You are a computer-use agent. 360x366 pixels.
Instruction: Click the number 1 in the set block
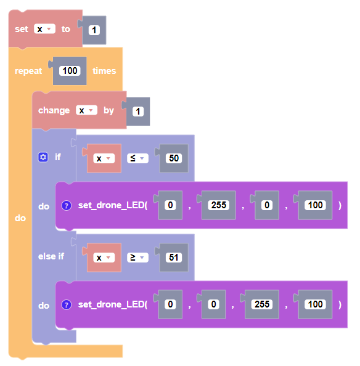(x=94, y=30)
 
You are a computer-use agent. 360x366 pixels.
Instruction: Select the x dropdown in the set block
(x=44, y=29)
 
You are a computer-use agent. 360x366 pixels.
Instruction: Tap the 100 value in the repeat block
(x=70, y=71)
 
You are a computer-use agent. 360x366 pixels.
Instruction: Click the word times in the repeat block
(x=104, y=71)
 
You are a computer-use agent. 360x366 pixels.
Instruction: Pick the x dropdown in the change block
(x=86, y=110)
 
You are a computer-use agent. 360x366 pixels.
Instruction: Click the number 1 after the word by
(x=138, y=112)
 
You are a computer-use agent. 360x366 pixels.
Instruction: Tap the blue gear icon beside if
(x=43, y=157)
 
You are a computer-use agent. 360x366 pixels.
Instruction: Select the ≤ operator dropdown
(x=137, y=158)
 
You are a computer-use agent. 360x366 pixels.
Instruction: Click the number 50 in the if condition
(x=174, y=158)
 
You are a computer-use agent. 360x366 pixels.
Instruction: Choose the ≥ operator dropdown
(x=137, y=258)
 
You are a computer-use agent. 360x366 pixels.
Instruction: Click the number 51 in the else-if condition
(x=174, y=258)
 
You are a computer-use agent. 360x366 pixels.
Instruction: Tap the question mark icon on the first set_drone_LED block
(x=67, y=205)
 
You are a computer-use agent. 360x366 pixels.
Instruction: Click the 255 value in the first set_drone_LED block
(x=219, y=205)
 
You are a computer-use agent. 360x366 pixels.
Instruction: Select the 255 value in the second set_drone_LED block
(x=262, y=304)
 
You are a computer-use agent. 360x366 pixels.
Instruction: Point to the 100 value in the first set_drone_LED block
(x=315, y=205)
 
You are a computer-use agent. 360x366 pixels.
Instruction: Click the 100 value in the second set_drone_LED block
(x=315, y=304)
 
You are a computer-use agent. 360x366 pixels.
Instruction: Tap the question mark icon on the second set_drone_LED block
(x=67, y=304)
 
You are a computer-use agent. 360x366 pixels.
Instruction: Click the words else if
(x=51, y=256)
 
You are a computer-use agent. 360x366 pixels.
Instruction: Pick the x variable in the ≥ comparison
(x=104, y=258)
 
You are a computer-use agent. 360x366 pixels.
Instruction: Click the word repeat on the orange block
(x=28, y=71)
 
